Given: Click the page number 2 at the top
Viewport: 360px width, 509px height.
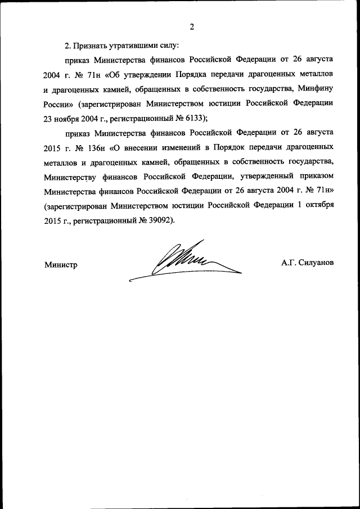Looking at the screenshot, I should [x=192, y=26].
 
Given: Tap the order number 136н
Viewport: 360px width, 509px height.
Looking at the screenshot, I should [x=94, y=147].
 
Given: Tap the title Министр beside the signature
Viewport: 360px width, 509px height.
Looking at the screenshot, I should [x=60, y=264].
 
